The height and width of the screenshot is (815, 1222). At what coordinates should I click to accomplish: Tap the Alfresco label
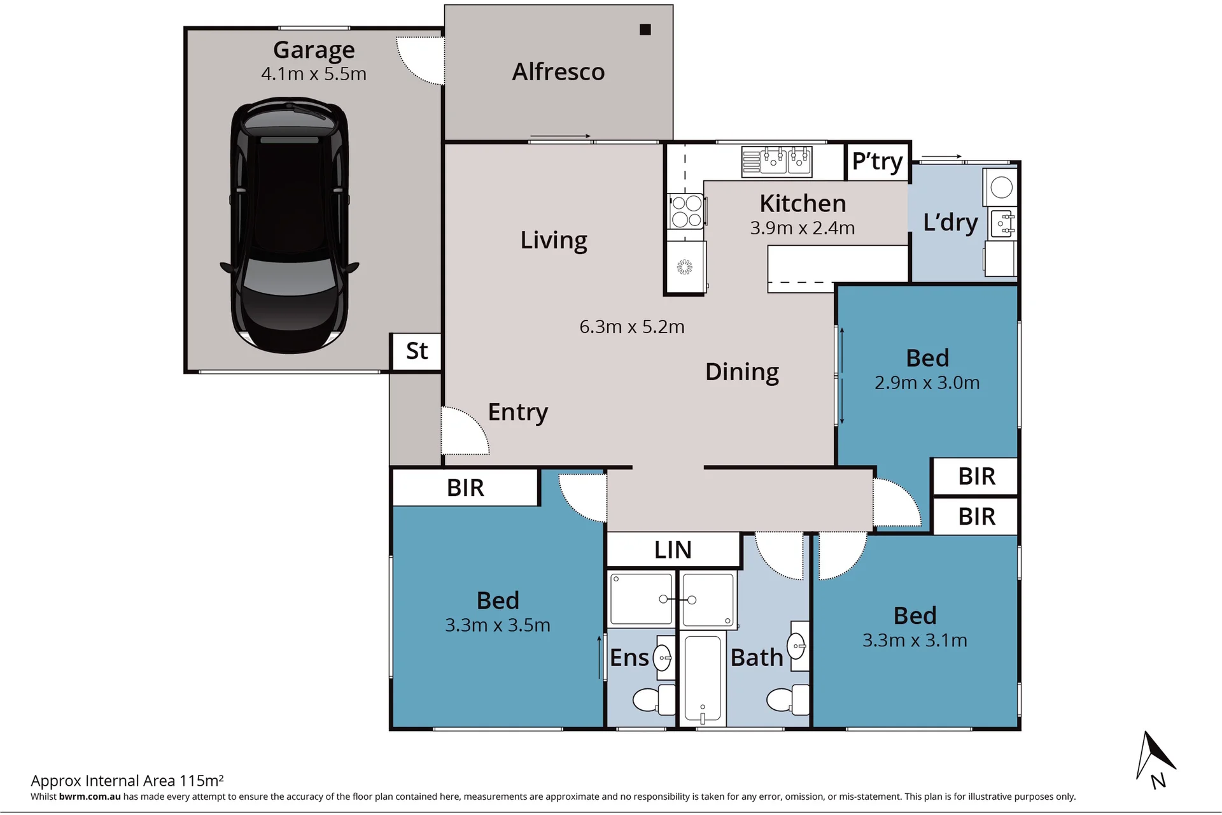[558, 72]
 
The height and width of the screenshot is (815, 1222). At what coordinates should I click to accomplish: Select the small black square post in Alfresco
[645, 29]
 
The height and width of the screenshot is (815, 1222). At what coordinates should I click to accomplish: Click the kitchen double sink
[776, 161]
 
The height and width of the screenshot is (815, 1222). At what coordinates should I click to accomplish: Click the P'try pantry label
[877, 162]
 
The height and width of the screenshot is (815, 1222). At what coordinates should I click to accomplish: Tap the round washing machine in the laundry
[1002, 187]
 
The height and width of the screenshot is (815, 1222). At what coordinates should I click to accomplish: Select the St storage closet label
[417, 351]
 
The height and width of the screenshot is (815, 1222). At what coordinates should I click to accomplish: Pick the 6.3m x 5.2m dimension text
[632, 327]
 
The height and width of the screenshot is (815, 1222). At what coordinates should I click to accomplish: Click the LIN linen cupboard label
[673, 549]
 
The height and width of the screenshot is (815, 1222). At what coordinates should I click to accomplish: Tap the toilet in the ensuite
[654, 700]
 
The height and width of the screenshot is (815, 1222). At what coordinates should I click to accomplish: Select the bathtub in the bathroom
[703, 679]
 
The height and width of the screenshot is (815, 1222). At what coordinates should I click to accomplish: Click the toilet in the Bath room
[788, 700]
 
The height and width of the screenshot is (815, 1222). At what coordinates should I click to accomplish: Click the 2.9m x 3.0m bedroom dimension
[927, 383]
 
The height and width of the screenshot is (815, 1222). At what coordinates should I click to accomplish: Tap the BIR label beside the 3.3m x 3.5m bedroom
[465, 488]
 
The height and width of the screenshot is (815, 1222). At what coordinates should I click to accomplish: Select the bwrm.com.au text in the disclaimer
[90, 797]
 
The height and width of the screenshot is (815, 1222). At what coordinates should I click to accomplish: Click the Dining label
[742, 372]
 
